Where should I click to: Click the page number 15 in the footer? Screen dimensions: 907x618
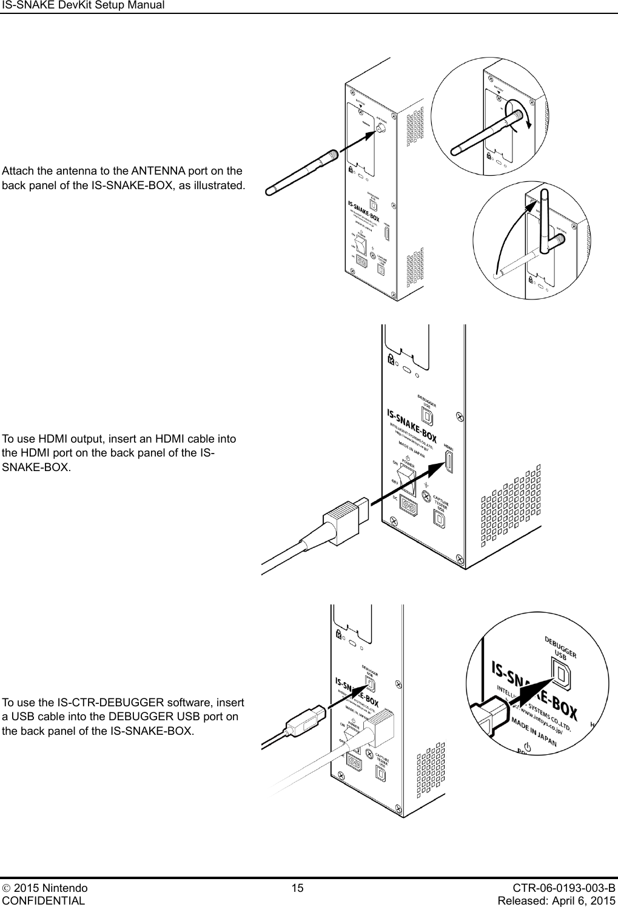[297, 888]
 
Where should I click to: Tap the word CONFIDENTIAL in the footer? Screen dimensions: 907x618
[44, 900]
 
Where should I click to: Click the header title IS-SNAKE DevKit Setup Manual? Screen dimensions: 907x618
[83, 5]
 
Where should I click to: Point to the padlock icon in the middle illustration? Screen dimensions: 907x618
[391, 360]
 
